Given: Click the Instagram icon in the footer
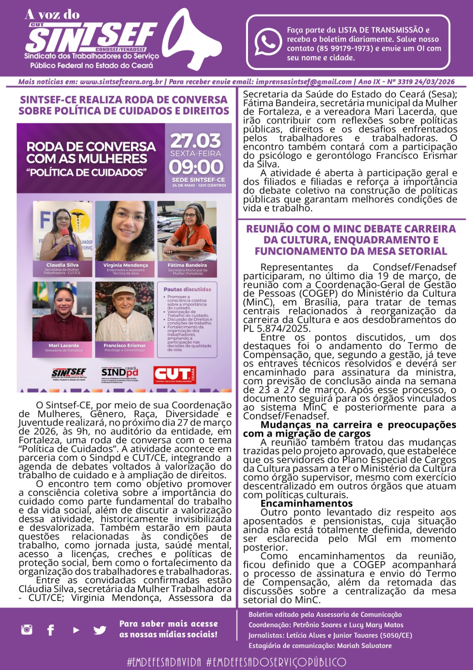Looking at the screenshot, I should pyautogui.click(x=27, y=629).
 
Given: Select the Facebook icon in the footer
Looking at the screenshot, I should pyautogui.click(x=51, y=630).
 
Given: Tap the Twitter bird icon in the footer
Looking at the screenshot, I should pyautogui.click(x=100, y=630).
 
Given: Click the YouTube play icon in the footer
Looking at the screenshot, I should pyautogui.click(x=76, y=630).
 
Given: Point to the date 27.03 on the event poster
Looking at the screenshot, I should pyautogui.click(x=196, y=141).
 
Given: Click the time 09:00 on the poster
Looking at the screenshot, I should pyautogui.click(x=196, y=167).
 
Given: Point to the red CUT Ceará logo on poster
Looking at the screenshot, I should pyautogui.click(x=174, y=374).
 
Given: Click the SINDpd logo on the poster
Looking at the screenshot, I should pyautogui.click(x=120, y=372).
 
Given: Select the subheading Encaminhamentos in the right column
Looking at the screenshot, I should pyautogui.click(x=307, y=503).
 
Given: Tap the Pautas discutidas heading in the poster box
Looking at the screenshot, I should pyautogui.click(x=187, y=289).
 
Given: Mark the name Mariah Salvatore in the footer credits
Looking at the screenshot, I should pyautogui.click(x=364, y=646).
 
